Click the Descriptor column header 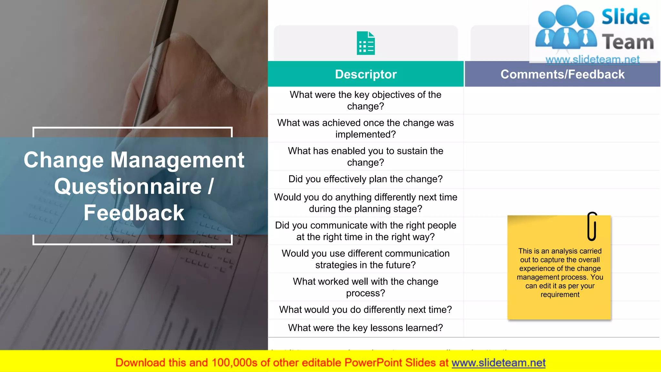coord(366,74)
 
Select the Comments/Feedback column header coord(562,74)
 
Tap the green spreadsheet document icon coord(366,43)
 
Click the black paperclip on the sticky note coord(592,226)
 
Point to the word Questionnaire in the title coord(128,187)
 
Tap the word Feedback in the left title coord(134,213)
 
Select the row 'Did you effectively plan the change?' coord(365,179)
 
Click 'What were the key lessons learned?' coord(365,328)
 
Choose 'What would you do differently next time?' coord(365,310)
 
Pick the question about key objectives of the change coord(365,100)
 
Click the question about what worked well coord(365,287)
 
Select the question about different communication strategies coord(365,259)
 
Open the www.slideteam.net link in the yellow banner coord(498,363)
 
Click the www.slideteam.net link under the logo coord(593,59)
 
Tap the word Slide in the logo coord(625,17)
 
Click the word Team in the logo coord(628,42)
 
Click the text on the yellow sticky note coord(560,273)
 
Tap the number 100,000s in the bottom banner coord(234,363)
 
